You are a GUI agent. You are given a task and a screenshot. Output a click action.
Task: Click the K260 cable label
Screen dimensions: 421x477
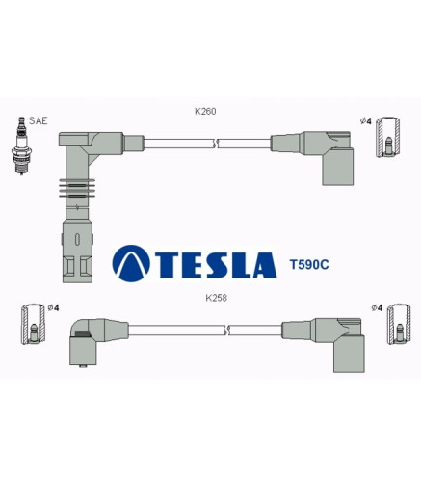coord(205,111)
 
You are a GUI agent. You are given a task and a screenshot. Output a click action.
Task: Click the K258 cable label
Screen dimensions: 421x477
coord(216,298)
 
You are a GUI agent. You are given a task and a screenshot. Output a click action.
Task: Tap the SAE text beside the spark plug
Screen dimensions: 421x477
coord(38,120)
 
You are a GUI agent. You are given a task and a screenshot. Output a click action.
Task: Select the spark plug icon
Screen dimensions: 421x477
coord(21,146)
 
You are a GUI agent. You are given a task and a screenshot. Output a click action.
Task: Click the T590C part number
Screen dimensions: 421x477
coord(309,264)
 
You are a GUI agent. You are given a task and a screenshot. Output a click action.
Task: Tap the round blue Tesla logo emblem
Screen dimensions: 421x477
coord(131,263)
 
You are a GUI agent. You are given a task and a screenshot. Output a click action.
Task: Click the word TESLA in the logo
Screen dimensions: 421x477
coord(216,265)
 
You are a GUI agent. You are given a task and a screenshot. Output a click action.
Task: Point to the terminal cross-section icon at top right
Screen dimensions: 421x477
coord(388,137)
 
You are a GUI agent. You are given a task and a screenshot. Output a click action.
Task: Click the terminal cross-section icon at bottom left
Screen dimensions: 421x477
coord(34,324)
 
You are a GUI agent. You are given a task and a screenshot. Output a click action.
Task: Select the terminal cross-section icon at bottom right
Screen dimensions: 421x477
coord(399,325)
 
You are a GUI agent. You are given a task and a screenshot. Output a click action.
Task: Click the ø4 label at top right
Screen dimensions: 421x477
coord(366,121)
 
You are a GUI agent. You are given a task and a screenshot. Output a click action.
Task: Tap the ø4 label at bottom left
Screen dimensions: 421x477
coord(54,307)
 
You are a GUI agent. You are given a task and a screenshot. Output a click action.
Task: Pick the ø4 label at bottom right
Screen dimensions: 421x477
coord(377,307)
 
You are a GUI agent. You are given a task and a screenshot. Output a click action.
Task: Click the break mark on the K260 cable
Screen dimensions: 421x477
coord(216,144)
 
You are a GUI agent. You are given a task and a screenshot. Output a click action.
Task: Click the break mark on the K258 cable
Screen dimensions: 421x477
coord(227,331)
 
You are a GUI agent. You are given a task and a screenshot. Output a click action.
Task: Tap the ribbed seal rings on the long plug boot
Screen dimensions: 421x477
coord(77,188)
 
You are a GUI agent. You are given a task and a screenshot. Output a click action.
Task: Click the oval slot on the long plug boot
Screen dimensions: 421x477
coord(77,239)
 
